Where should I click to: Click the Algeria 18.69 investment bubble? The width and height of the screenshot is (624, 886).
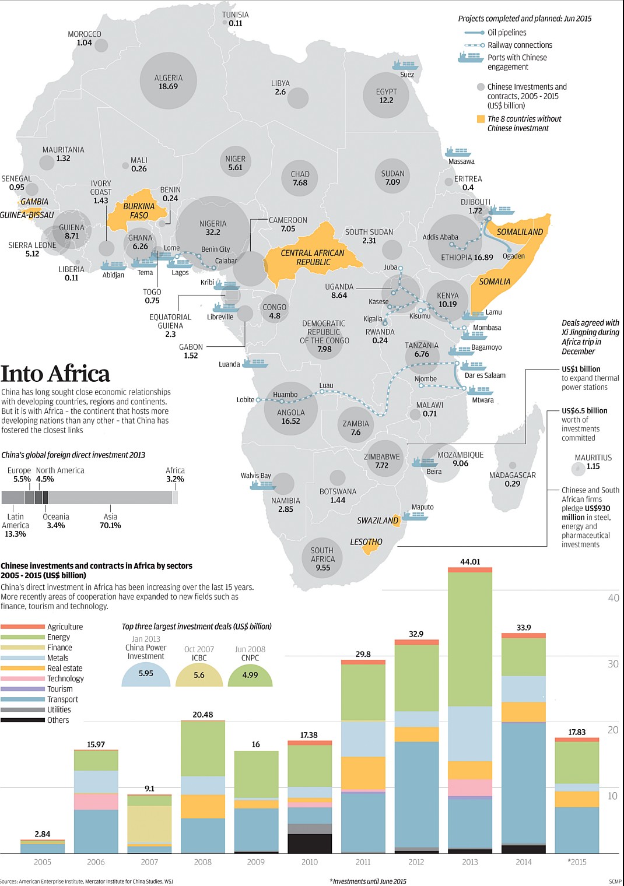[168, 80]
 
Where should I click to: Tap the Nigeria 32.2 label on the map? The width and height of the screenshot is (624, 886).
[213, 228]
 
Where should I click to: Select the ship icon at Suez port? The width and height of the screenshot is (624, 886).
[405, 65]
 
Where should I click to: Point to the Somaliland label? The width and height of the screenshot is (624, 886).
[520, 232]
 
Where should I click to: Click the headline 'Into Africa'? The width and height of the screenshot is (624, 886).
[55, 374]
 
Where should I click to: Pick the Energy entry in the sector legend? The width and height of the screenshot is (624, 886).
[58, 637]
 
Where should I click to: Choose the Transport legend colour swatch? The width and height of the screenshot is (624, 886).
[23, 699]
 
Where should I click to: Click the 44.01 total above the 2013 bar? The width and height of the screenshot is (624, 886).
[470, 562]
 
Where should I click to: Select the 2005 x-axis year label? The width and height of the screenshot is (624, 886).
[43, 862]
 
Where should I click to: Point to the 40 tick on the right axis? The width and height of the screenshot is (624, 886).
[614, 597]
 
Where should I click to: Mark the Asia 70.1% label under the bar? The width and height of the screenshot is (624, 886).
[110, 521]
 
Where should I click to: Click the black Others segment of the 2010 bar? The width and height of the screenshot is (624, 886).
[310, 843]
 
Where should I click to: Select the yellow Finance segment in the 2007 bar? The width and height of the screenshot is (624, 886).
[149, 824]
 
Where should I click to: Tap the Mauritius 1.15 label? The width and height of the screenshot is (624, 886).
[593, 462]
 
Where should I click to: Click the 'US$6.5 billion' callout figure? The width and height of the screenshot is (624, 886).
[584, 411]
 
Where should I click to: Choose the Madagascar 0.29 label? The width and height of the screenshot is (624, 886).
[512, 479]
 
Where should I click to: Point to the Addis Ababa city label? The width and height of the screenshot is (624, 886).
[440, 237]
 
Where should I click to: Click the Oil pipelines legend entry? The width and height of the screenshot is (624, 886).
[506, 33]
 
